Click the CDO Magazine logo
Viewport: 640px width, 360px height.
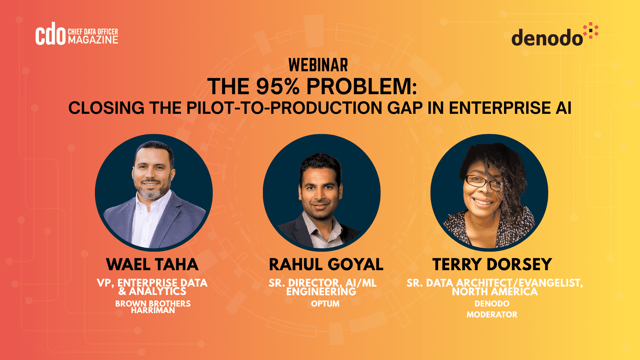(77, 34)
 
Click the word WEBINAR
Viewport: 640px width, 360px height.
(318, 65)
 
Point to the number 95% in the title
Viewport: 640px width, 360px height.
(278, 87)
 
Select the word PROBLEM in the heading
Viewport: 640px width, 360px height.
(361, 87)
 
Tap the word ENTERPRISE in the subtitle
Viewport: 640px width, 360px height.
(500, 108)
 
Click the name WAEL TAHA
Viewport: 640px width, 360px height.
(152, 264)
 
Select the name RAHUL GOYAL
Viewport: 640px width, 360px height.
(326, 264)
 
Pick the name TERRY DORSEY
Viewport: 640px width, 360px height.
(492, 264)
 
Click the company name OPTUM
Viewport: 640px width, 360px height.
(325, 304)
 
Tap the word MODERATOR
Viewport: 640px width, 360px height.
(492, 315)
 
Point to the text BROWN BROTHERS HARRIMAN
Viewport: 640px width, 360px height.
(153, 307)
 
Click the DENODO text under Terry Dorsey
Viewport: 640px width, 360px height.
(492, 304)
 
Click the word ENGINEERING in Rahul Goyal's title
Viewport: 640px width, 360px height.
(321, 292)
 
